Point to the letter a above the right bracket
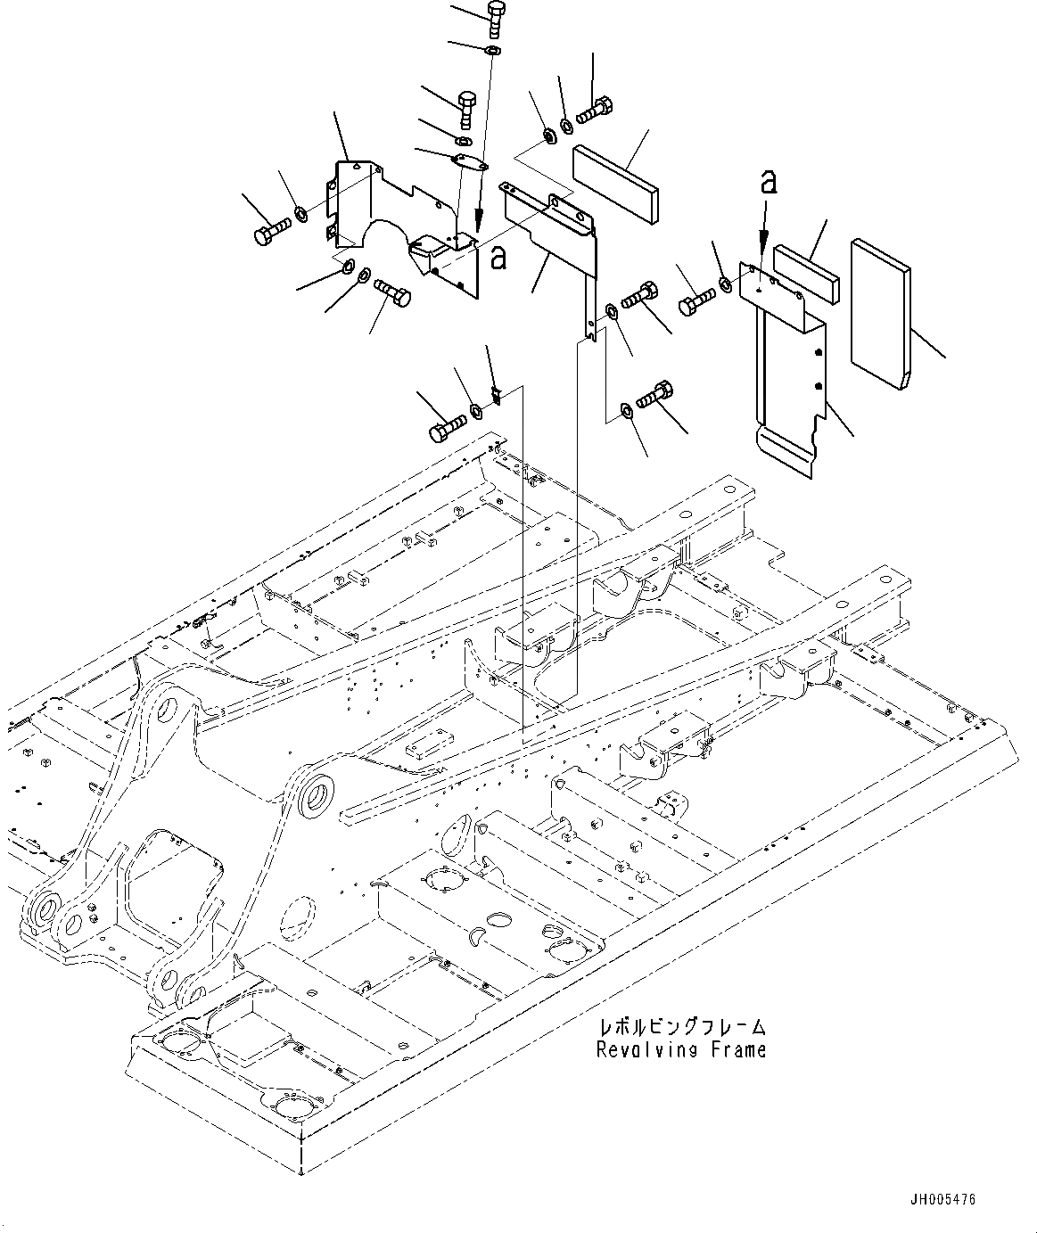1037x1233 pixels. point(768,182)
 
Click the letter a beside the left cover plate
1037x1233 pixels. point(498,258)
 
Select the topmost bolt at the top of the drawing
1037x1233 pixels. point(497,16)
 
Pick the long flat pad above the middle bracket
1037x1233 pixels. point(615,182)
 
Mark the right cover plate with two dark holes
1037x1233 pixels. point(789,374)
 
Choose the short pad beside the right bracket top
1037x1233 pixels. point(808,274)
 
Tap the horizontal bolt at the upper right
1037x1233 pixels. point(597,111)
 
